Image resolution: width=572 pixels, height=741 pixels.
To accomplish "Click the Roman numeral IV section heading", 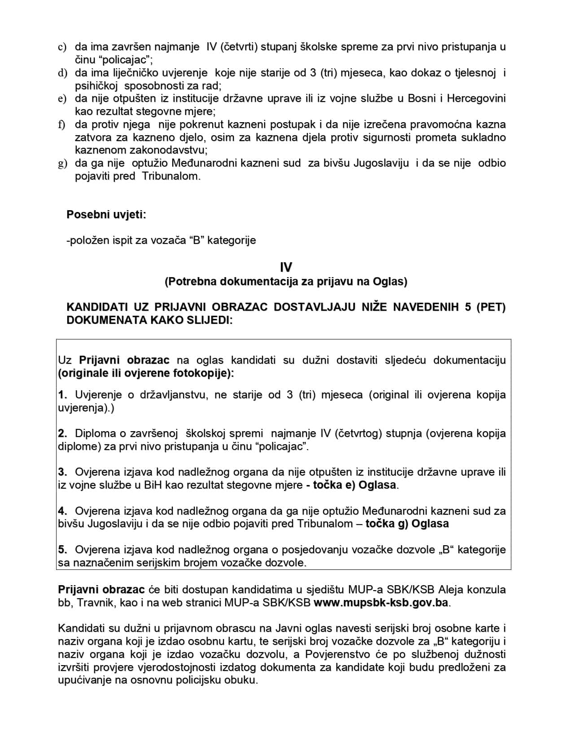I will (x=286, y=268).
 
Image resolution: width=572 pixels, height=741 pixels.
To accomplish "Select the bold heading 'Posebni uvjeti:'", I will (x=106, y=215).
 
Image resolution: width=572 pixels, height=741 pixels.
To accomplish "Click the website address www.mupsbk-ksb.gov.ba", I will (x=381, y=603).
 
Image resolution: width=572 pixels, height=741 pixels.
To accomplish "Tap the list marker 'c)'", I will (x=62, y=47).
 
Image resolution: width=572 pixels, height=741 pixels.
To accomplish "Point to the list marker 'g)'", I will (x=62, y=163).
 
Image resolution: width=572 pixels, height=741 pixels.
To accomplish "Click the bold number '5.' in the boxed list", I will (x=63, y=550).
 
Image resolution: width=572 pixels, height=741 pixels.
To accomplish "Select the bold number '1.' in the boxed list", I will (x=63, y=395).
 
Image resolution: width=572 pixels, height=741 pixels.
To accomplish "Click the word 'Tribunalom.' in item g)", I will (x=171, y=176).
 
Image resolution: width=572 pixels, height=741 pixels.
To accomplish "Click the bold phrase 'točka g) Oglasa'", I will (x=407, y=524).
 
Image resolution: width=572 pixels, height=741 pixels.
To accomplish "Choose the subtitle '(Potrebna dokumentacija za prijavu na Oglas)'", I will (x=286, y=282).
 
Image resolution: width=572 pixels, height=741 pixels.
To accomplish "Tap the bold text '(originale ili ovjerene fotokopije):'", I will (x=146, y=373).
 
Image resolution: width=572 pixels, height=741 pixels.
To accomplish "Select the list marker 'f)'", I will (x=62, y=125).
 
